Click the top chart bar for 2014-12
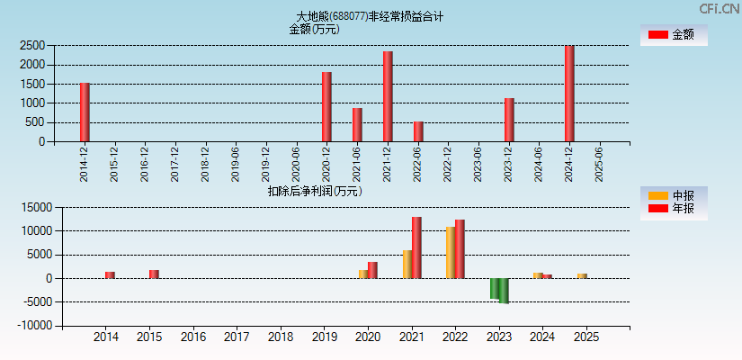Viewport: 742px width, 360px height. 85,112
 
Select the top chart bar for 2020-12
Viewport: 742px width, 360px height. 326,107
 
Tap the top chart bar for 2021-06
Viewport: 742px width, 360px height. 357,125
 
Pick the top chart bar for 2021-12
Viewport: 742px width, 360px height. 388,96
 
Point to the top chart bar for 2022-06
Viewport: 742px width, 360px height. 418,131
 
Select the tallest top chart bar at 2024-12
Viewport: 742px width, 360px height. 569,94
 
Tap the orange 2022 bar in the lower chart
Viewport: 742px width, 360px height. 451,253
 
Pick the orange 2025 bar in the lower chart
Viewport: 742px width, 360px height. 582,276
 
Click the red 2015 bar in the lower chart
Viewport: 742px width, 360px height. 154,274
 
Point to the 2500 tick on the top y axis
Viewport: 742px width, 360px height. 32,45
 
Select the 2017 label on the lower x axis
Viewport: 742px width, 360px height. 237,337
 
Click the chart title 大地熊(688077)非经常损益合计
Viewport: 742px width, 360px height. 370,16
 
